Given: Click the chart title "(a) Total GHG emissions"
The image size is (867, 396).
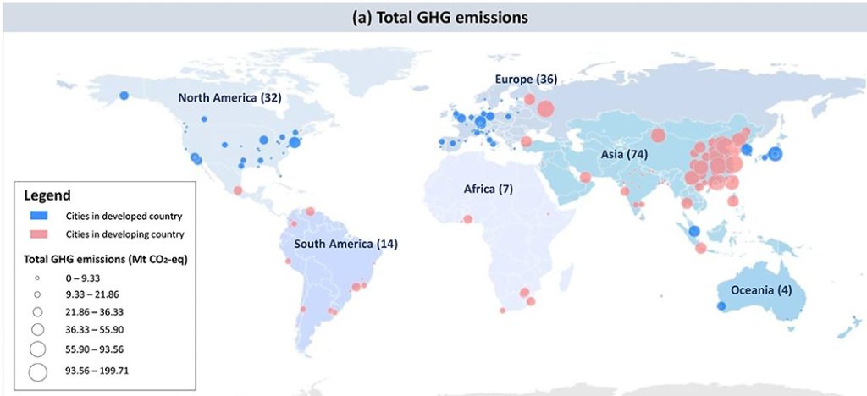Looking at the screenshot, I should point(433,15).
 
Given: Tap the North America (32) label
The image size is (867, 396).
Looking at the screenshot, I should point(229,98).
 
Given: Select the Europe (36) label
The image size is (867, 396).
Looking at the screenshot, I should point(526,79).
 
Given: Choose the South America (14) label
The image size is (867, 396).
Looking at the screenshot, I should point(346,245).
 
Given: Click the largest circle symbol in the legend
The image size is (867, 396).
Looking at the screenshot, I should point(38,370).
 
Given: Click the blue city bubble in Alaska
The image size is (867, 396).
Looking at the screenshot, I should point(124,95).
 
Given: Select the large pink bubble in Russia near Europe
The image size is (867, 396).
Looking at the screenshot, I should point(545,108).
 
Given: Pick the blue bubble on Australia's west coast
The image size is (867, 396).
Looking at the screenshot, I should point(721,305).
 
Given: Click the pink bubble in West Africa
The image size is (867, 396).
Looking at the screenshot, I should point(467,220).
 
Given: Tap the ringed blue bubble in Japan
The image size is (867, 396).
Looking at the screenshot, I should point(775,154).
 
